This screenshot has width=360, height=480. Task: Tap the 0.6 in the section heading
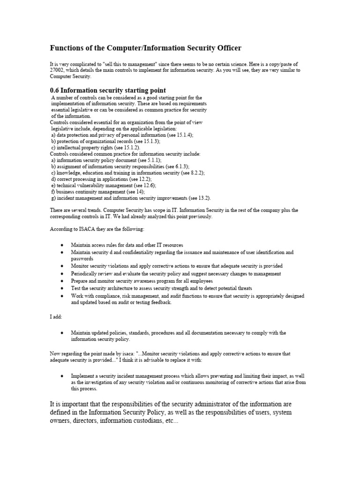(54, 90)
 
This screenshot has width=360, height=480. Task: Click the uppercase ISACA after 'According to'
(85, 229)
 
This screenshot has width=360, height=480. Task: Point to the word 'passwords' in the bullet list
(82, 258)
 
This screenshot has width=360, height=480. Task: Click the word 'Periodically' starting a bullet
(84, 273)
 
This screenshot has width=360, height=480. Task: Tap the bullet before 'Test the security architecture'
(62, 288)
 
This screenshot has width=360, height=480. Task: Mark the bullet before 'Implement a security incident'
(62, 376)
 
